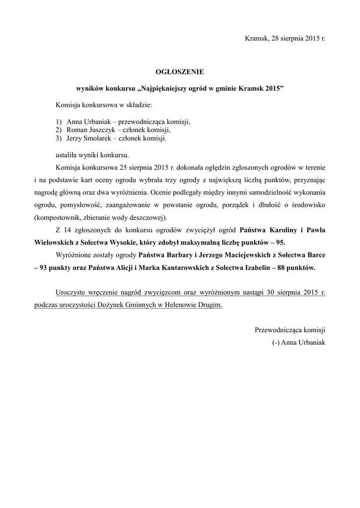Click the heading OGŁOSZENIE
[x=180, y=72]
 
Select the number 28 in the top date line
[x=275, y=38]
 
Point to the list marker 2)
[x=59, y=130]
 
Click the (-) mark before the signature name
[x=276, y=343]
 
